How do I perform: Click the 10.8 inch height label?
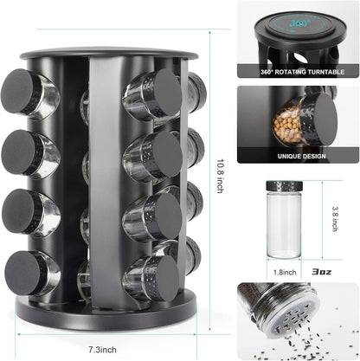(220, 176)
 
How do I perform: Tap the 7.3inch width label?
(102, 350)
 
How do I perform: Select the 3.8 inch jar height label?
(335, 219)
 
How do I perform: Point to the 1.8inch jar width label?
(285, 272)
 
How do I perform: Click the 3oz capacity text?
(322, 272)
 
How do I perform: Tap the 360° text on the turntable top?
(300, 23)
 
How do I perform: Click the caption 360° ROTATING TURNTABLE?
(302, 72)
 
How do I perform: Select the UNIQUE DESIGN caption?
(301, 156)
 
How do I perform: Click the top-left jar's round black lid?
(16, 91)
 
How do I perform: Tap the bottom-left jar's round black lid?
(22, 273)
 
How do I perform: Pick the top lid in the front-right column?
(167, 92)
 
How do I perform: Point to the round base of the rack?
(106, 313)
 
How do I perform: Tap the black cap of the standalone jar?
(285, 185)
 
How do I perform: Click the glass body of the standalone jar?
(285, 224)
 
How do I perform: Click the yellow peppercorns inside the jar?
(288, 126)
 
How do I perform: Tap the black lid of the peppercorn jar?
(325, 119)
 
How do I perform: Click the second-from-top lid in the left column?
(18, 151)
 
